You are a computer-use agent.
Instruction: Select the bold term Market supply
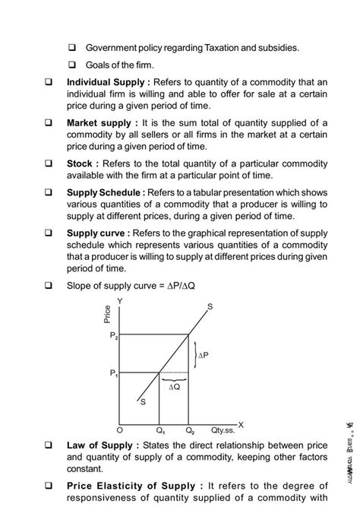click(x=99, y=122)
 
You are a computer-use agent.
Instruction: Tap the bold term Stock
click(x=81, y=163)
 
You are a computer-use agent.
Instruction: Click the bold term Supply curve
click(x=97, y=233)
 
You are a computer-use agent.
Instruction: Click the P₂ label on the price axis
click(x=114, y=334)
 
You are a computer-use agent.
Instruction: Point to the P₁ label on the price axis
click(x=114, y=372)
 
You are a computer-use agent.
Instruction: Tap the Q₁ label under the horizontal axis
click(x=159, y=429)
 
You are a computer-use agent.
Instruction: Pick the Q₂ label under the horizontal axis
click(x=190, y=429)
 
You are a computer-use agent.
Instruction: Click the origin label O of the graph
click(x=119, y=429)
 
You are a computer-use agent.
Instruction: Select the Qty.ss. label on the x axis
click(x=225, y=429)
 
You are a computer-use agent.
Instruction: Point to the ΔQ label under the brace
click(x=174, y=387)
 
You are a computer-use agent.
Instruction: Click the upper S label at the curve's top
click(x=210, y=306)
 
